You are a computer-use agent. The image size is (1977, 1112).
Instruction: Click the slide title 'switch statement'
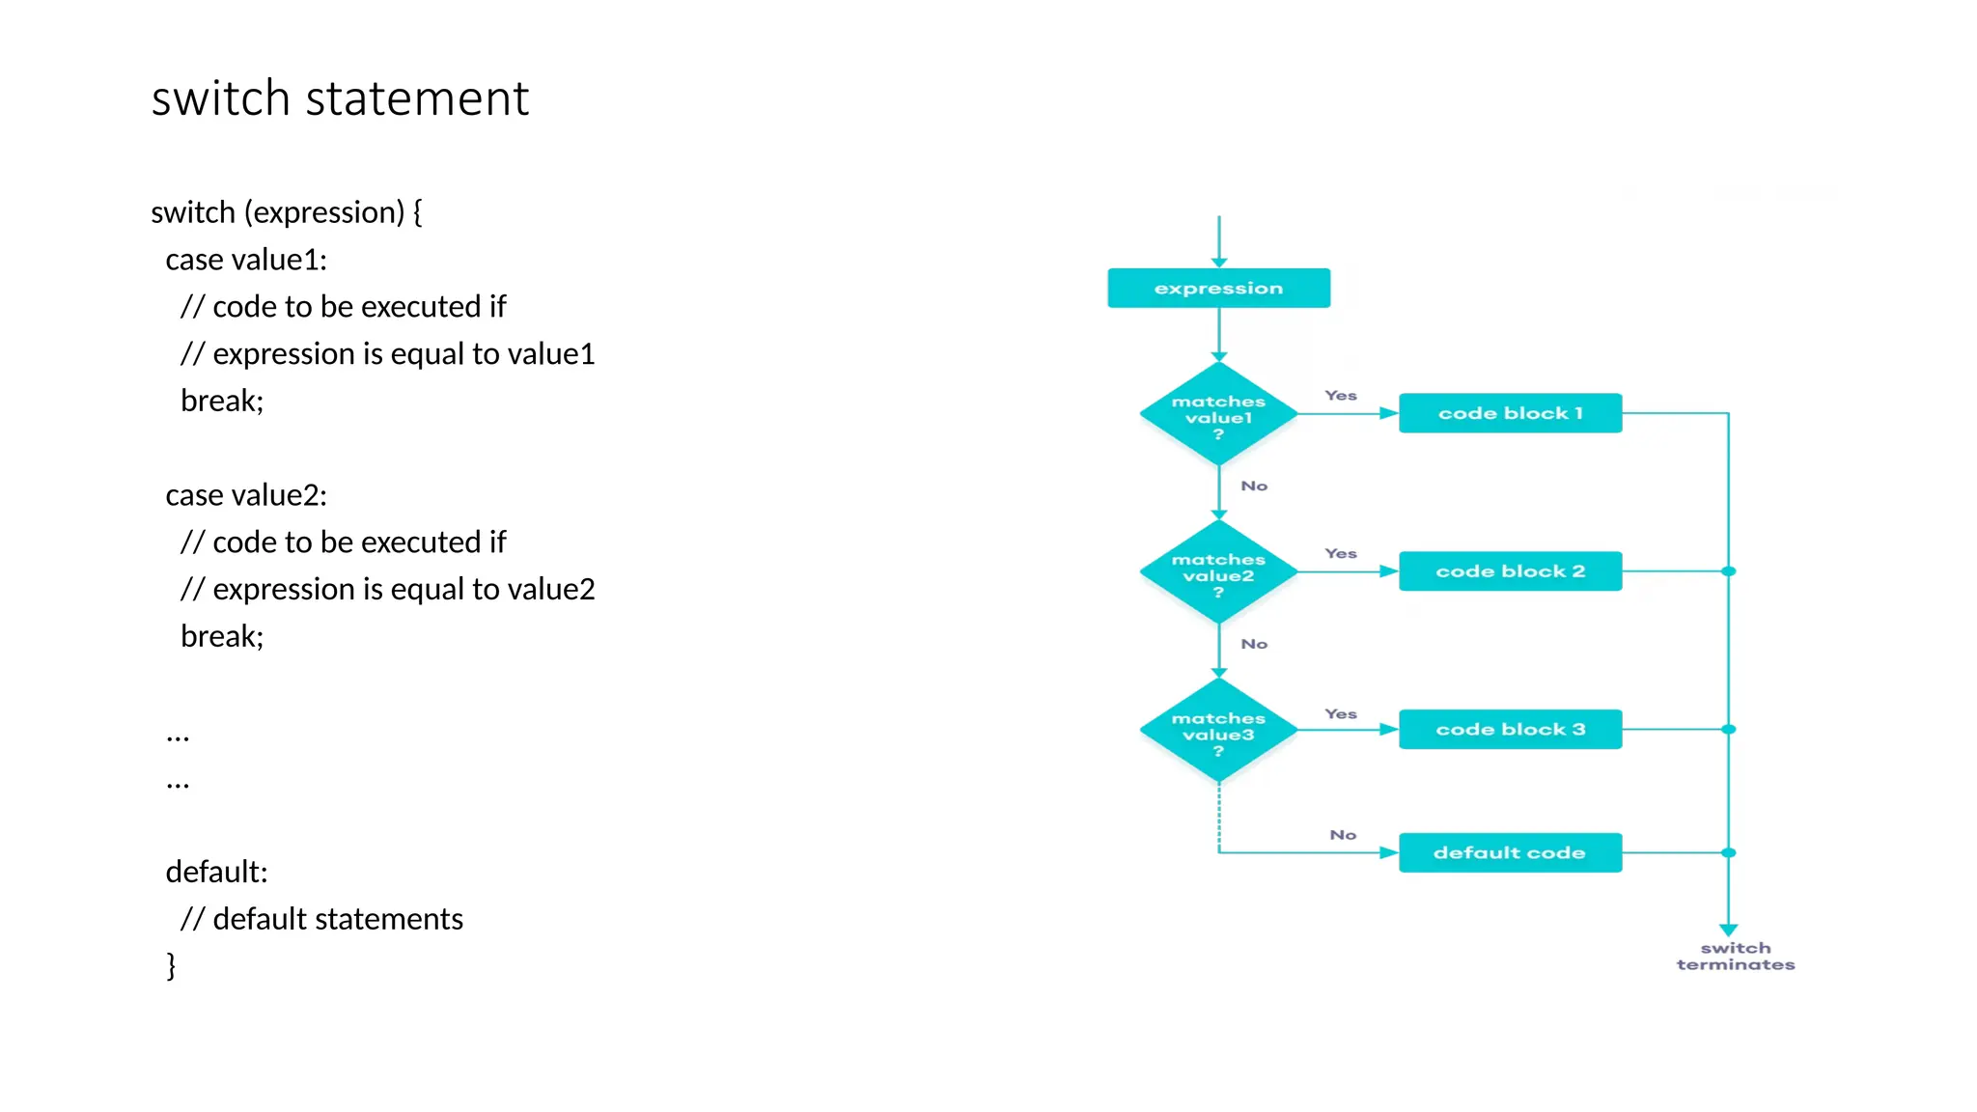(x=340, y=98)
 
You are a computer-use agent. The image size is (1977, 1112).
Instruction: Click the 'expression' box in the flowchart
(x=1218, y=289)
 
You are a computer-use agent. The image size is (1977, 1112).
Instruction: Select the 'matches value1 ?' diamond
(x=1218, y=414)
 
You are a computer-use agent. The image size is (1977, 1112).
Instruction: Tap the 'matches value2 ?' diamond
(x=1218, y=572)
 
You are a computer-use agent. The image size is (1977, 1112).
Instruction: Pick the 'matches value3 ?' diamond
(x=1218, y=731)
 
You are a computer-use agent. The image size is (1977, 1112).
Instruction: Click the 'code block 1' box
(x=1510, y=413)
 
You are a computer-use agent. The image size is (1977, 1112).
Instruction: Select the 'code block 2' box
(x=1510, y=571)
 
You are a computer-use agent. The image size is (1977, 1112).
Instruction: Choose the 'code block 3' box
(x=1510, y=730)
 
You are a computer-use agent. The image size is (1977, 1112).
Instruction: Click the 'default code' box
(x=1510, y=853)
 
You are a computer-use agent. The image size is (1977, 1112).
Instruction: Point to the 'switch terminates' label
(x=1735, y=957)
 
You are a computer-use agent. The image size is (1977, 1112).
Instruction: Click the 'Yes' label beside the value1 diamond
(x=1341, y=396)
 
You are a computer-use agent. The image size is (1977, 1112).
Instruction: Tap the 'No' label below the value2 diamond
(x=1254, y=644)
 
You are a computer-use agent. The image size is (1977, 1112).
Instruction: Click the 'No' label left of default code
(x=1343, y=835)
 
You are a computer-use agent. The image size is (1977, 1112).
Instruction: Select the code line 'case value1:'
(x=246, y=260)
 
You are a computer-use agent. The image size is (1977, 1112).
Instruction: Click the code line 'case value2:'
(x=246, y=495)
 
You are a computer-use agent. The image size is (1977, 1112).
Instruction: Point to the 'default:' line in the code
(x=216, y=872)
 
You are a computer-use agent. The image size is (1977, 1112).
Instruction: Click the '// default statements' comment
(x=321, y=919)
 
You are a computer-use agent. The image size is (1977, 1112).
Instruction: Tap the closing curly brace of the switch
(x=172, y=965)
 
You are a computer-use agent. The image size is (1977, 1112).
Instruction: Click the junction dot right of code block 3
(x=1729, y=730)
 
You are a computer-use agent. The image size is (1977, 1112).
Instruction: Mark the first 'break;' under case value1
(x=222, y=401)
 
